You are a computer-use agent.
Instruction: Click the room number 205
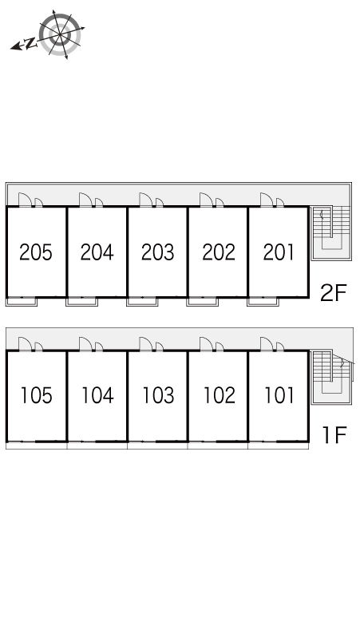(35, 252)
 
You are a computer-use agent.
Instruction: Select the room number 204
(97, 252)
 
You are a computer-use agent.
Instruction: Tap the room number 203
(157, 252)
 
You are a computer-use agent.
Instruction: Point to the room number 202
(219, 252)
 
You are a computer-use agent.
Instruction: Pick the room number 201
(279, 252)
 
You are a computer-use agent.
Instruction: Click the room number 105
(36, 395)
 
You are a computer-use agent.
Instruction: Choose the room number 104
(97, 395)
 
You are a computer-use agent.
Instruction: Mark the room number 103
(158, 395)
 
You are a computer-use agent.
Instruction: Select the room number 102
(219, 395)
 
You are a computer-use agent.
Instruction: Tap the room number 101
(279, 395)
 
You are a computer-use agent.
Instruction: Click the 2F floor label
(333, 293)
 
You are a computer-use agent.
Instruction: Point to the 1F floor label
(334, 435)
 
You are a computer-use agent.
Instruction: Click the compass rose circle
(60, 34)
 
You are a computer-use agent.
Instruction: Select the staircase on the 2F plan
(330, 233)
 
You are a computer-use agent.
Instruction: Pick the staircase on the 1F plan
(331, 377)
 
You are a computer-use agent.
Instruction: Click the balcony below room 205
(22, 302)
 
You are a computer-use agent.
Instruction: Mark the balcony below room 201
(263, 302)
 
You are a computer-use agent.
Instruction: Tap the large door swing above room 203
(146, 200)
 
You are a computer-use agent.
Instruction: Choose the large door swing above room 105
(26, 343)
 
